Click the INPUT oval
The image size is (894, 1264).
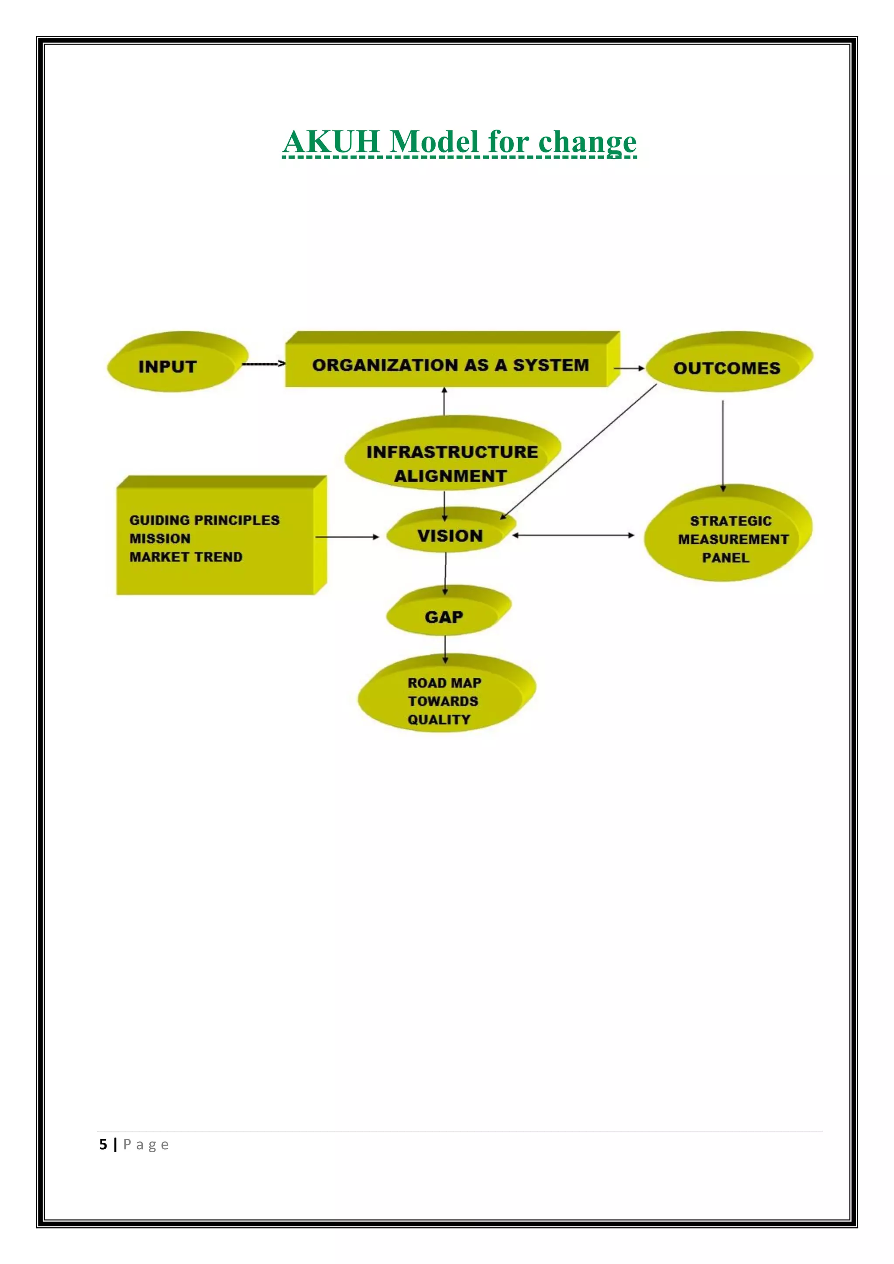177,362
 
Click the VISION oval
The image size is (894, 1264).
451,529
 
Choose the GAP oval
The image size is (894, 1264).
449,611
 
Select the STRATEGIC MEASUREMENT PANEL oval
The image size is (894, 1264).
728,533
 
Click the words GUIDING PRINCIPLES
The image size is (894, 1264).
204,520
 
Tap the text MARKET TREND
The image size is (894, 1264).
186,557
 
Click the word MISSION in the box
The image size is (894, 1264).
160,539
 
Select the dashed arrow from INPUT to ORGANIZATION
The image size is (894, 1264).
264,363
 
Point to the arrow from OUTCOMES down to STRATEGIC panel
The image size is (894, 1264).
723,446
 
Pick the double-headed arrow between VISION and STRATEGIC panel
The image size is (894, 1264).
573,535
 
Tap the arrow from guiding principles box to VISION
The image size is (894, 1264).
347,537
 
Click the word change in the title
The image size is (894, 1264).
588,143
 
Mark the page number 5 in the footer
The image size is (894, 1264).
103,1144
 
